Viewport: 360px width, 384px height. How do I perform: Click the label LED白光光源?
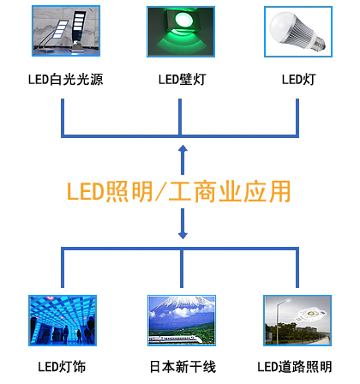click(x=65, y=79)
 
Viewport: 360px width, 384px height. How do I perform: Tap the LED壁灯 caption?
click(x=182, y=79)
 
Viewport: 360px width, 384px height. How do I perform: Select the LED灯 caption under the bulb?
click(x=298, y=79)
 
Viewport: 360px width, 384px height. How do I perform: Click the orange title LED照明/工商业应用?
click(x=178, y=191)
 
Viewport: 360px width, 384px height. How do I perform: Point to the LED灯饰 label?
click(x=62, y=367)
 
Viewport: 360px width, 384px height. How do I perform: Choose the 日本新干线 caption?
click(x=183, y=367)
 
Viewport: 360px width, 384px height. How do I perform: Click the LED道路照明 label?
click(x=295, y=367)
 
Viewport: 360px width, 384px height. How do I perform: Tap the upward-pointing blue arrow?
click(x=183, y=159)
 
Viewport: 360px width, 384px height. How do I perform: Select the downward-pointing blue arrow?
click(x=183, y=224)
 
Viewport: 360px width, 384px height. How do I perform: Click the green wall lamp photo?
click(x=181, y=32)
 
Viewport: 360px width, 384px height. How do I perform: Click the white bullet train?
click(x=175, y=339)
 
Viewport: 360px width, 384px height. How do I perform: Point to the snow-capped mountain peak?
click(x=181, y=303)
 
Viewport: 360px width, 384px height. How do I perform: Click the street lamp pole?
click(x=277, y=322)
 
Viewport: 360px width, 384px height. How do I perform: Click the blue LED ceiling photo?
click(x=63, y=321)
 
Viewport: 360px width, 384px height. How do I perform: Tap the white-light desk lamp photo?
click(x=66, y=31)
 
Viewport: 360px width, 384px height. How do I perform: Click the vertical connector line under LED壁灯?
click(x=180, y=117)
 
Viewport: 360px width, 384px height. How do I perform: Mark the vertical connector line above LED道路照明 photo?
click(x=297, y=268)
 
